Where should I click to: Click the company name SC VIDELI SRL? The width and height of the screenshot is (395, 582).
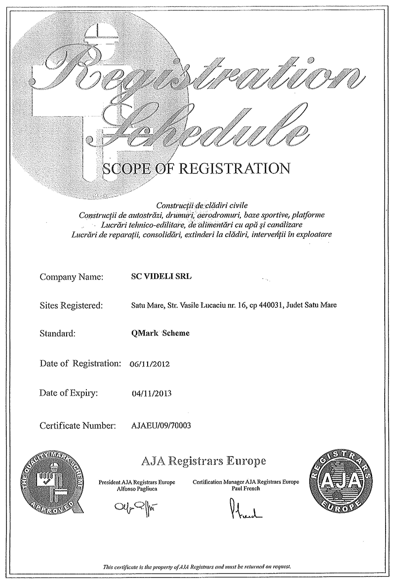click(158, 277)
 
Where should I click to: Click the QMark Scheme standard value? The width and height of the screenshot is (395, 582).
click(158, 333)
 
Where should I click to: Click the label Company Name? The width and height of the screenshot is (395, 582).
click(71, 277)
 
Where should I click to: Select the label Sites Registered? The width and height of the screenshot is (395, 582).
click(71, 305)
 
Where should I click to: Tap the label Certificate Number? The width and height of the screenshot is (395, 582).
click(78, 424)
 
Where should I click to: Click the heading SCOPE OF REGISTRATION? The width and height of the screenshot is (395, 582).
click(196, 168)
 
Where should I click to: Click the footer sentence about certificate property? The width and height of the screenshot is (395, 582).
click(197, 566)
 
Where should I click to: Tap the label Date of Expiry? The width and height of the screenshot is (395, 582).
click(69, 394)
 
